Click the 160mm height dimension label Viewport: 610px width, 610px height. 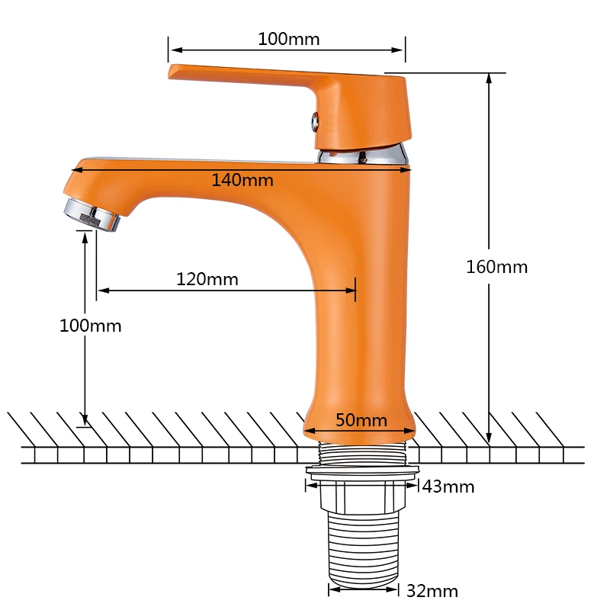coord(497,268)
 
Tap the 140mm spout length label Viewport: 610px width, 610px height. coord(242,181)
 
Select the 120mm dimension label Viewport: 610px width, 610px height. coord(207,279)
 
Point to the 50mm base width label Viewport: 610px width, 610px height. coord(361,420)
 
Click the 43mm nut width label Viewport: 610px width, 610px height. coord(448,486)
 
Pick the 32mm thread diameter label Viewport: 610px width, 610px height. coord(432,591)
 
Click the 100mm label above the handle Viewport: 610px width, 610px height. coord(289,40)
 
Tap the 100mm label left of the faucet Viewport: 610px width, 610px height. coord(90,326)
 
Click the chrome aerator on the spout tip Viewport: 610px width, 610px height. coord(92,215)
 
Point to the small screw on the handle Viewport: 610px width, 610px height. coord(315,122)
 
